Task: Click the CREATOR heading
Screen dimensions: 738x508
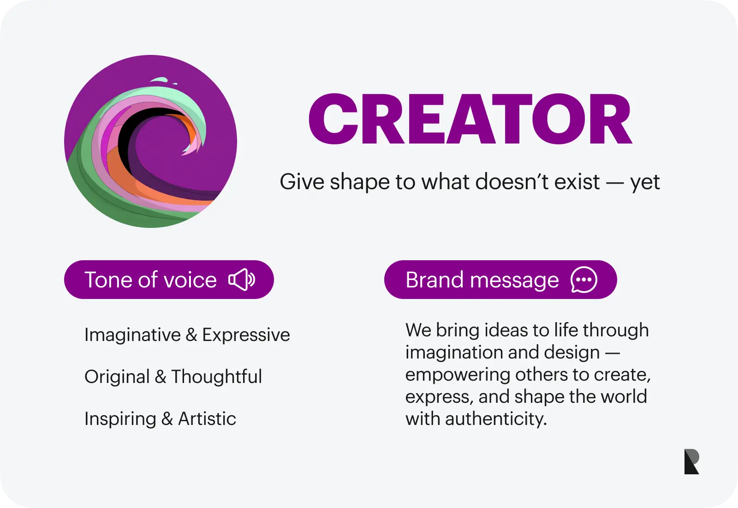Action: click(470, 119)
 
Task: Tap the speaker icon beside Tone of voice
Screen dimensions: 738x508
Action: click(242, 280)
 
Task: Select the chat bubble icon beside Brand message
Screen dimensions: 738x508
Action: click(584, 280)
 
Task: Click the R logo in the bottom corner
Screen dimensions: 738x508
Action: click(691, 461)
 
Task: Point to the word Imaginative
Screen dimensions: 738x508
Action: click(132, 335)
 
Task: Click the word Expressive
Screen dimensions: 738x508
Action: click(246, 335)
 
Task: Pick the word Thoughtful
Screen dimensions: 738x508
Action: click(217, 377)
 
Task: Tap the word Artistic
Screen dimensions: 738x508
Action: click(207, 418)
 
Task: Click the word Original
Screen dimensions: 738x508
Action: click(117, 377)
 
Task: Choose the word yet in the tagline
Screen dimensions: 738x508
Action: click(645, 183)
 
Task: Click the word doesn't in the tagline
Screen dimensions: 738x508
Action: click(512, 181)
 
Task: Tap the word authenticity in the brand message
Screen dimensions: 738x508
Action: click(496, 419)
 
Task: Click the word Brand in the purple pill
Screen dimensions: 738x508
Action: click(434, 280)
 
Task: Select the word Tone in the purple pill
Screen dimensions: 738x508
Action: click(109, 280)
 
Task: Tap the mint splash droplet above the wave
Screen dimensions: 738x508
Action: click(159, 80)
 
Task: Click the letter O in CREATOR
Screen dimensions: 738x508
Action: click(559, 119)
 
